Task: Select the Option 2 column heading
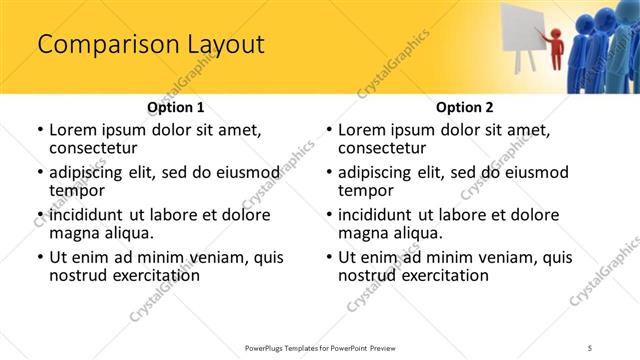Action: [x=464, y=107]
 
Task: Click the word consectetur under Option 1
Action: [x=98, y=148]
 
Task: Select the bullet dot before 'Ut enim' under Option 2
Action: [x=330, y=257]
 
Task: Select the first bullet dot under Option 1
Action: [x=40, y=130]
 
